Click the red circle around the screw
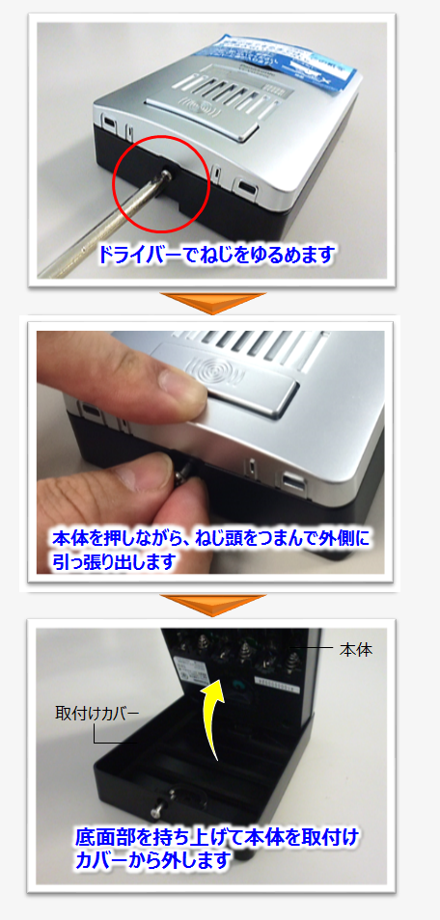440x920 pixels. pos(160,183)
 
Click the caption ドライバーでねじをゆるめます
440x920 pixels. pos(215,255)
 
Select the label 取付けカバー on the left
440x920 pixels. pos(96,715)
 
